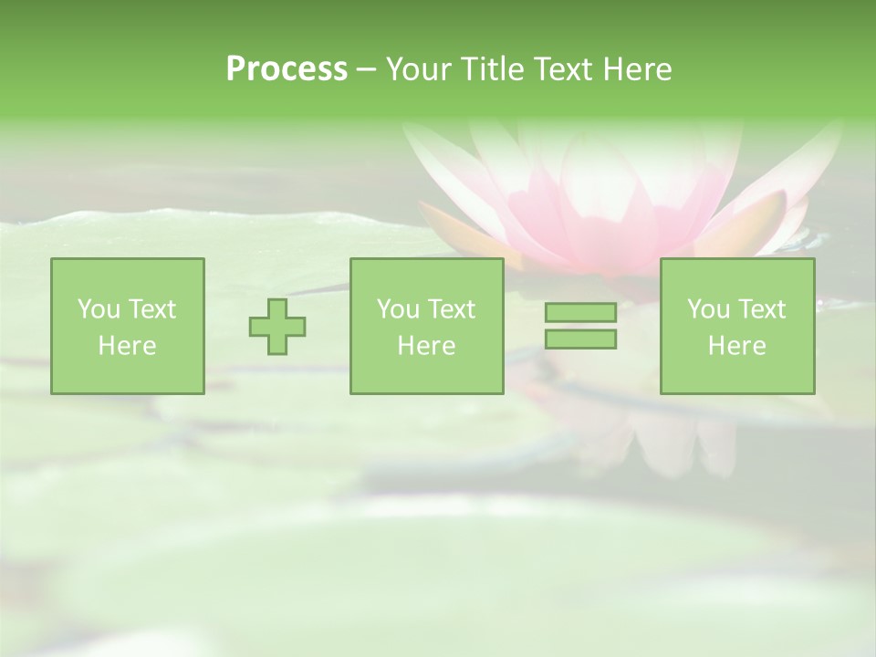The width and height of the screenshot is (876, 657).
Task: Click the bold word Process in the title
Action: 287,69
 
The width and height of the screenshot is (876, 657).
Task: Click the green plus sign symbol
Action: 277,327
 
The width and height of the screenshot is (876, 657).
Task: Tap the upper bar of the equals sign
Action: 580,313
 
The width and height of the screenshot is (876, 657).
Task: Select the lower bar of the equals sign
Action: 580,339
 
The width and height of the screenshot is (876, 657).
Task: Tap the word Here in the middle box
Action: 426,346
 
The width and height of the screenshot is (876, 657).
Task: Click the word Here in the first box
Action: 127,346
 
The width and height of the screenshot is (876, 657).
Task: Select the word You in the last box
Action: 708,309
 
